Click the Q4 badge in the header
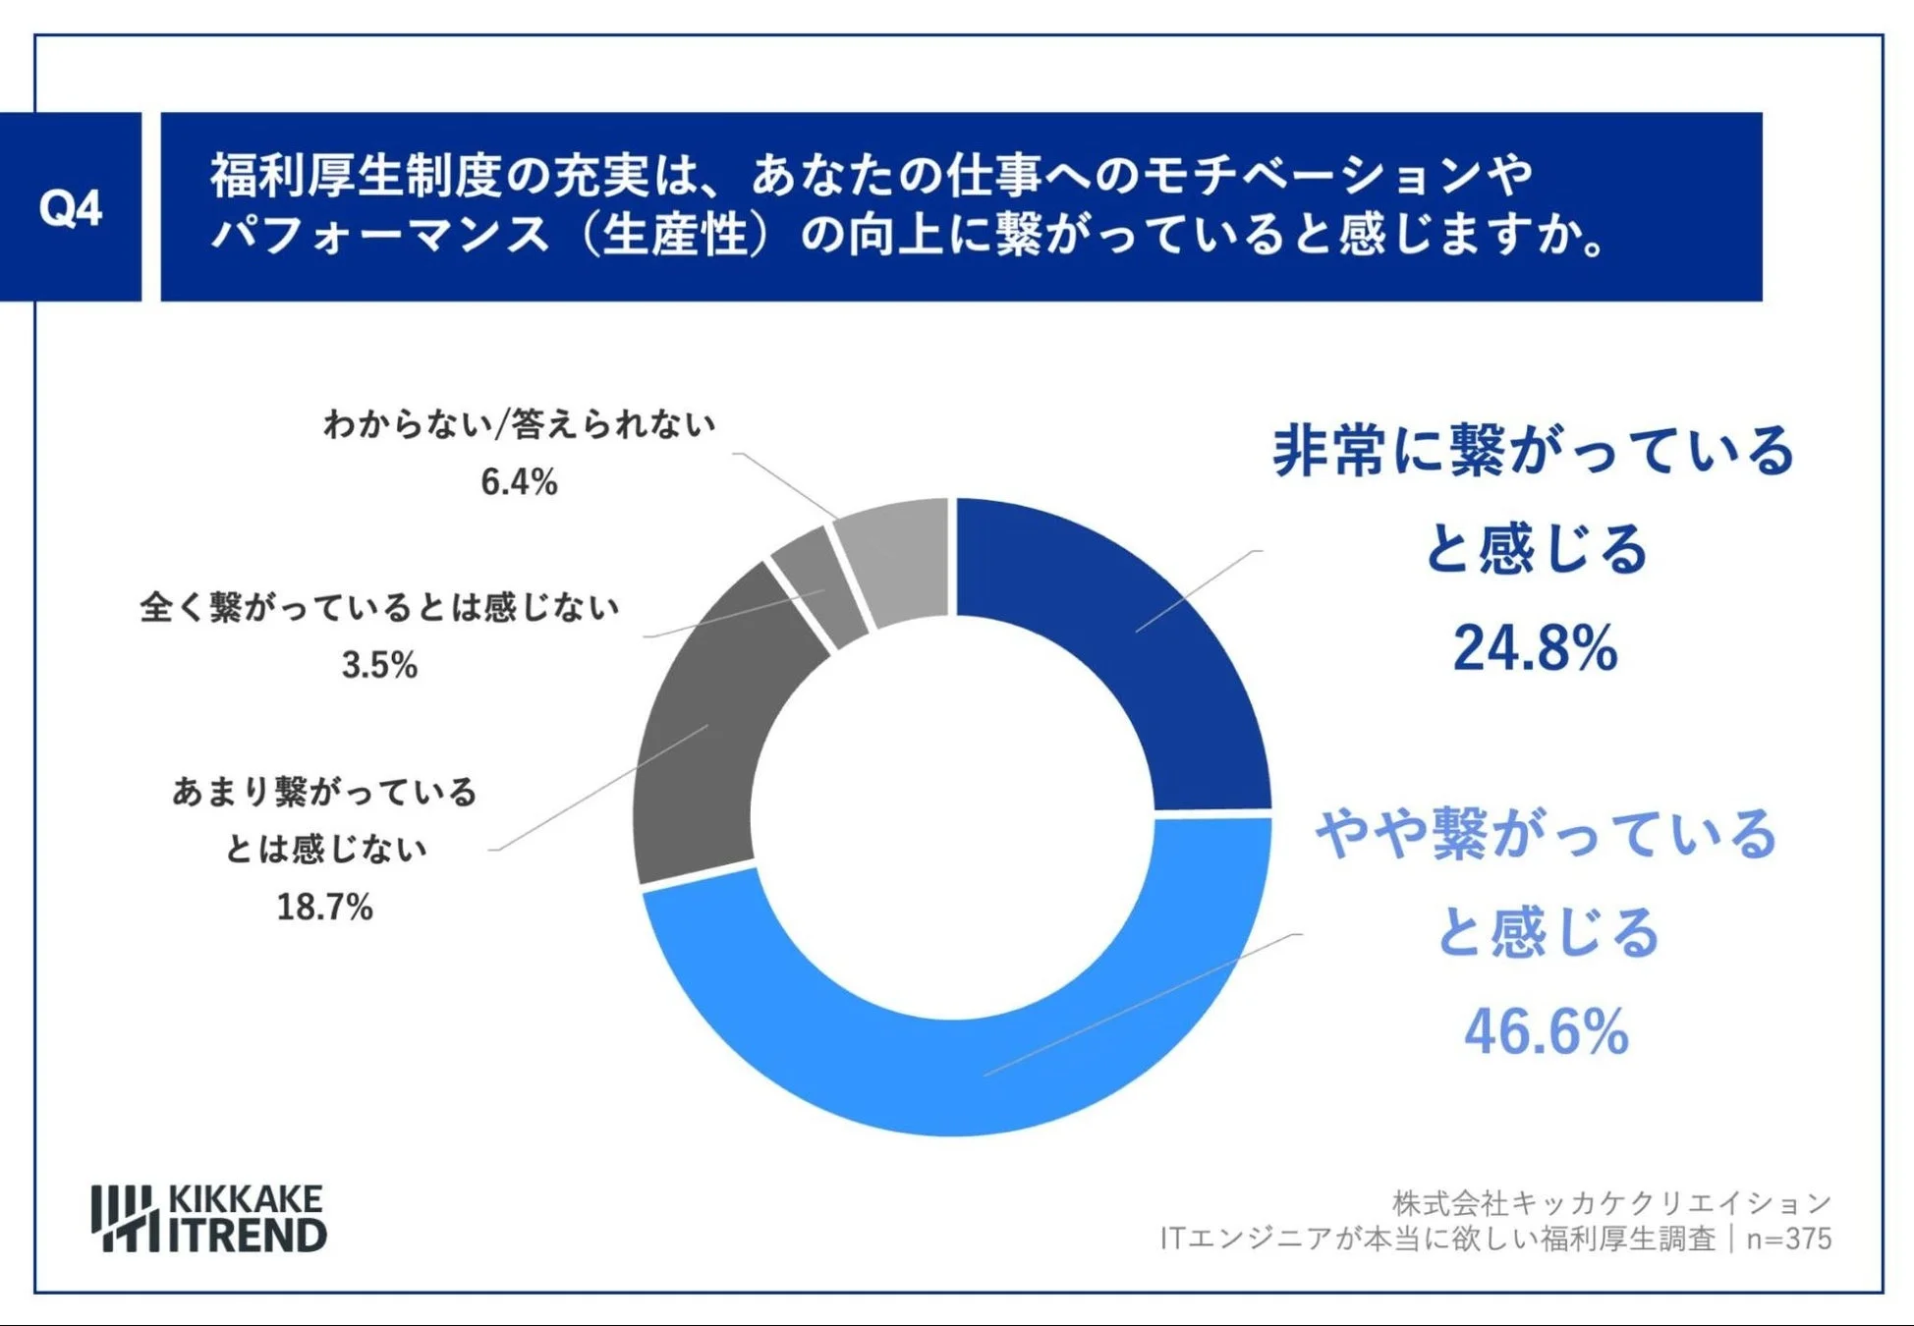tap(70, 207)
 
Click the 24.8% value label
tap(1535, 648)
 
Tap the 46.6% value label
tap(1547, 1031)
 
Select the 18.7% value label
tap(324, 907)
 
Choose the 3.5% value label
tap(379, 665)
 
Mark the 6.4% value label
tap(519, 481)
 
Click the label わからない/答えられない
tap(519, 424)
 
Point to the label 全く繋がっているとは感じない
tap(379, 607)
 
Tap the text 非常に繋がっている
tap(1533, 452)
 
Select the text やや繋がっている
tap(1547, 835)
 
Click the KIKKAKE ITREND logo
tap(209, 1218)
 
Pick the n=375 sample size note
tap(1788, 1239)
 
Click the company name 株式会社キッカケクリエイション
tap(1611, 1202)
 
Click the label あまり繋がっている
tap(324, 792)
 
